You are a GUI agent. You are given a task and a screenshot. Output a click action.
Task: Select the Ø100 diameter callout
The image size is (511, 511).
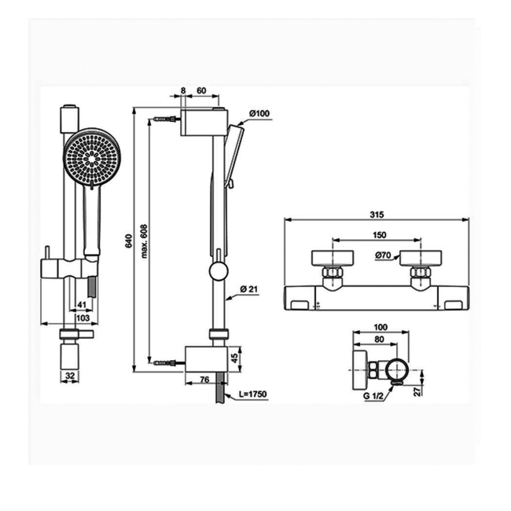[x=259, y=114]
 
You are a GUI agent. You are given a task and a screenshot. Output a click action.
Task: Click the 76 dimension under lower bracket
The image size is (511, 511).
[x=204, y=380]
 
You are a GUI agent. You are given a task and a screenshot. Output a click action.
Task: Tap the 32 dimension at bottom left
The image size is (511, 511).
[x=70, y=376]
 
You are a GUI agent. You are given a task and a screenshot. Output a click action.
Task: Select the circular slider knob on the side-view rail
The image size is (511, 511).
[x=217, y=274]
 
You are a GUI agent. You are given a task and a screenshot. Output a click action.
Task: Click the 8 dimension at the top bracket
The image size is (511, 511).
[x=182, y=91]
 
